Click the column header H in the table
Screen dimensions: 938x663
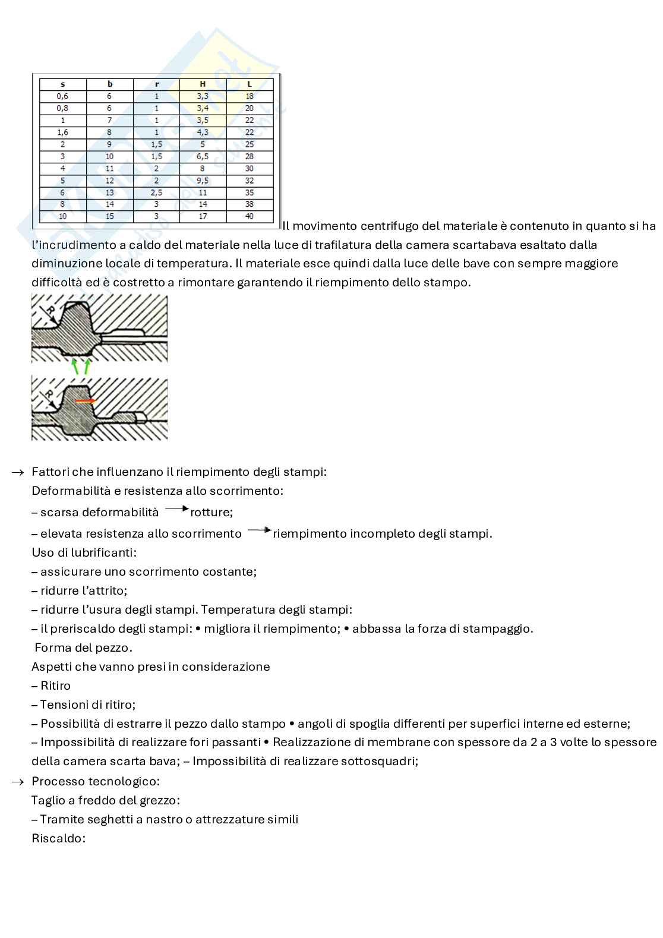[x=203, y=84]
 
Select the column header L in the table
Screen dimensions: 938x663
[x=250, y=84]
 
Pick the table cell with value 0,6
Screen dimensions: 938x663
[x=62, y=96]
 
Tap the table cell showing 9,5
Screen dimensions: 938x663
[x=203, y=181]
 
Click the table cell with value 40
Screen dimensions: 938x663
[x=250, y=217]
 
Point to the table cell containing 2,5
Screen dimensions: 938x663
[x=156, y=192]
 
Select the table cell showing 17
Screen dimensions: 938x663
[x=203, y=217]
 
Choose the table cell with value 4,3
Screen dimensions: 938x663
[x=203, y=132]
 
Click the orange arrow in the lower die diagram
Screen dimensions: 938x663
[x=85, y=401]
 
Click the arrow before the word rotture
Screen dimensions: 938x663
[x=176, y=509]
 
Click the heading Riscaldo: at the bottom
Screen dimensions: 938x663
[x=59, y=838]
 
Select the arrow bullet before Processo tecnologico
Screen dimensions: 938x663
[x=18, y=781]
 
